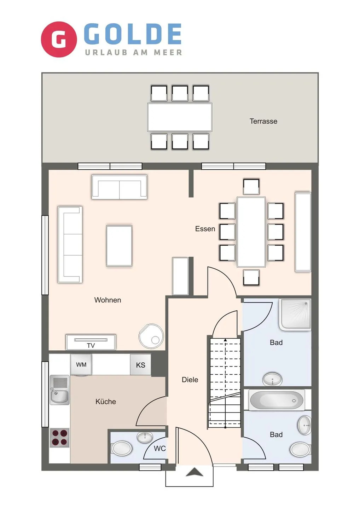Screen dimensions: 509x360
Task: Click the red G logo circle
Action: point(59,39)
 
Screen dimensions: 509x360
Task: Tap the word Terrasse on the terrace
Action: point(263,121)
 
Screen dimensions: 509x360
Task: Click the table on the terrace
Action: point(180,117)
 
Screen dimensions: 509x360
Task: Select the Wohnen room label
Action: point(108,300)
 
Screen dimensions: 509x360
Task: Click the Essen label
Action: point(205,229)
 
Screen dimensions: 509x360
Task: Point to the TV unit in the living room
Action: point(91,342)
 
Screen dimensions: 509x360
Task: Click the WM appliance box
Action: point(81,365)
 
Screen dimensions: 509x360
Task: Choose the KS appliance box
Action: point(140,365)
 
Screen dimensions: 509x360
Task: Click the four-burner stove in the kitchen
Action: point(59,438)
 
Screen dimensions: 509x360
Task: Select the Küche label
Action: point(105,402)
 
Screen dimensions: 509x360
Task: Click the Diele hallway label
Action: point(190,380)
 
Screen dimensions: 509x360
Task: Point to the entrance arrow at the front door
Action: point(194,472)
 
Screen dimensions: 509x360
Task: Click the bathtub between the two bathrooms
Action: point(277,400)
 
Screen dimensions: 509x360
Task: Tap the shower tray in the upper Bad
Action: point(295,314)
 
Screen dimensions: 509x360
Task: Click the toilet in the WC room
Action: point(122,448)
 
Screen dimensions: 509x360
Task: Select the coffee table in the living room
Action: point(119,246)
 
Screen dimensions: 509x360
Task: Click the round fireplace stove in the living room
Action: point(151,336)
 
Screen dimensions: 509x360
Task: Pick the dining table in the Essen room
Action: point(251,232)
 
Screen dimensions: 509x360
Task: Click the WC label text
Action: point(159,449)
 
